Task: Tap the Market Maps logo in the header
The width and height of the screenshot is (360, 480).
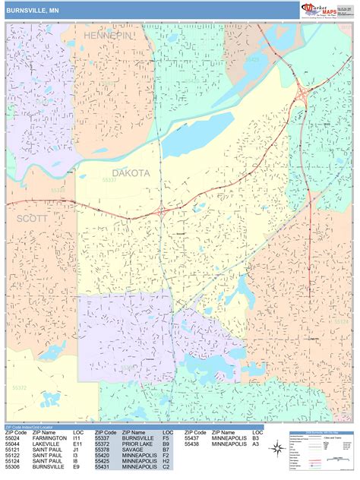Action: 327,9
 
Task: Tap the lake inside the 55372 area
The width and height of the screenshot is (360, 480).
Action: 49,399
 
